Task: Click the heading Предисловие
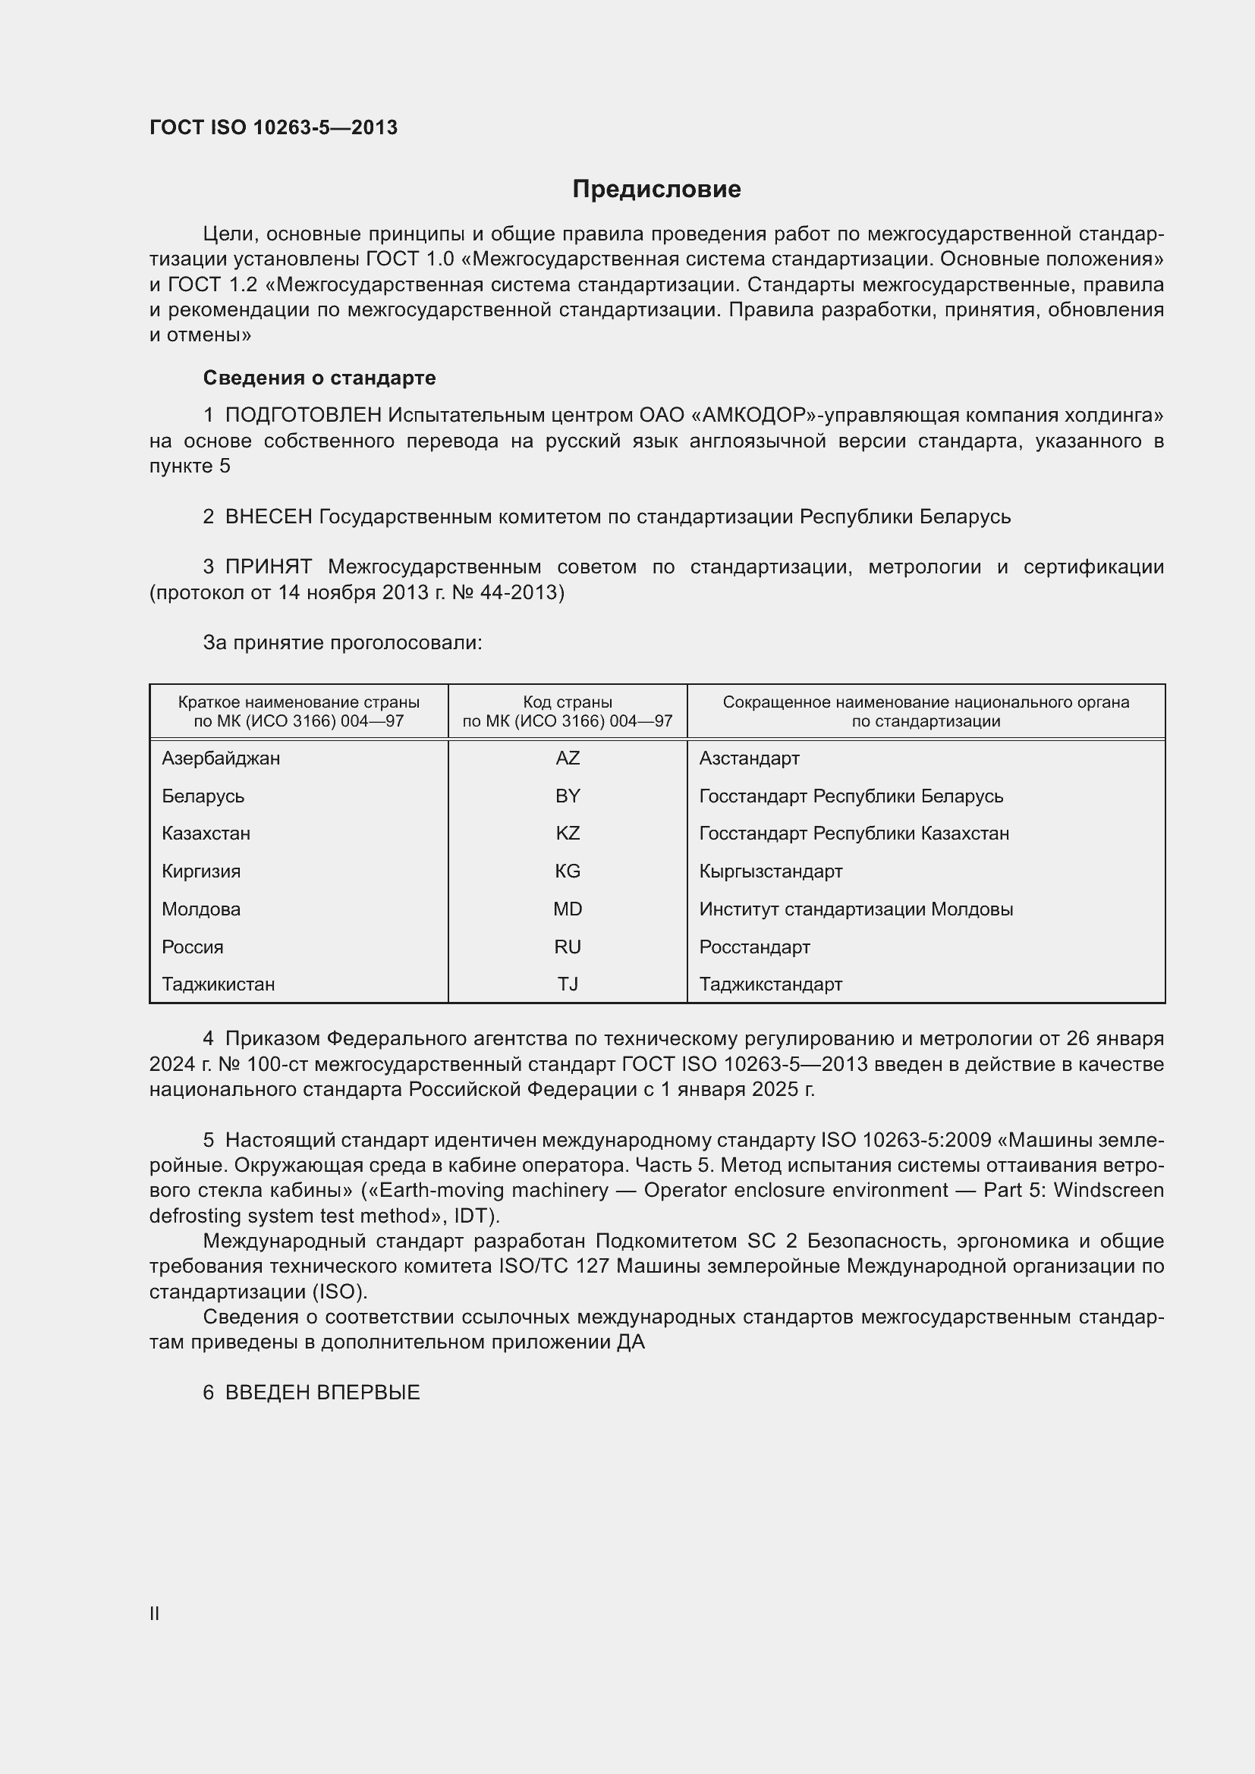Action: [x=656, y=190]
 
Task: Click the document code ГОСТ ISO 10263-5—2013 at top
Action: [x=274, y=127]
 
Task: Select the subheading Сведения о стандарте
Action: [x=319, y=378]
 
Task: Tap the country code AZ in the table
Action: [x=568, y=758]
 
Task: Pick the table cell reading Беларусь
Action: [x=203, y=796]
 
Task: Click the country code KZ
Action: [x=568, y=833]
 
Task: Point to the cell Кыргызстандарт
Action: [x=770, y=871]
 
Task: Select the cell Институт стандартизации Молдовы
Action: [x=855, y=909]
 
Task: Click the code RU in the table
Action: [x=568, y=947]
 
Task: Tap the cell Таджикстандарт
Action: [x=770, y=984]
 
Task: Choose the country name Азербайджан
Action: [x=221, y=758]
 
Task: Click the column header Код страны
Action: [x=568, y=702]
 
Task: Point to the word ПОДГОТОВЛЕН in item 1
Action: [x=304, y=416]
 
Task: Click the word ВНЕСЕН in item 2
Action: [x=269, y=517]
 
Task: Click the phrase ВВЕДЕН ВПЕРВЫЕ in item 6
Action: [x=322, y=1393]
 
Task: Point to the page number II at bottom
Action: [x=155, y=1613]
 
